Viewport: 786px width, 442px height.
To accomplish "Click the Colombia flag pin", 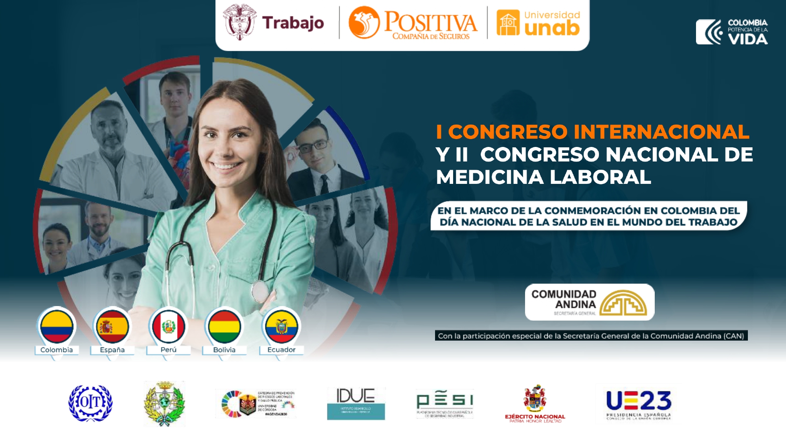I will tap(57, 327).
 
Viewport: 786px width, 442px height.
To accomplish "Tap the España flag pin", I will tap(112, 327).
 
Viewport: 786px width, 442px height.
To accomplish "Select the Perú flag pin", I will tap(169, 327).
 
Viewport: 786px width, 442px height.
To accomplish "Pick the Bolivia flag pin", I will tap(224, 327).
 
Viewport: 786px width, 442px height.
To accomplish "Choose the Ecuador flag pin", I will tap(281, 327).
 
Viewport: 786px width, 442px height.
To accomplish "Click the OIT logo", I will tap(90, 403).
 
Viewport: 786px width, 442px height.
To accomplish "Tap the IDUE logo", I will tap(356, 403).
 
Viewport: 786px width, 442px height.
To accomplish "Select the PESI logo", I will tap(445, 403).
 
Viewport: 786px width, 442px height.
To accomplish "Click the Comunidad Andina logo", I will tap(589, 302).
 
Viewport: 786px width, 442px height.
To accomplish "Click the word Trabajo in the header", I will tap(293, 23).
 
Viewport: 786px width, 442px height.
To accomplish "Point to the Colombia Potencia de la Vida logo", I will tap(732, 31).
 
